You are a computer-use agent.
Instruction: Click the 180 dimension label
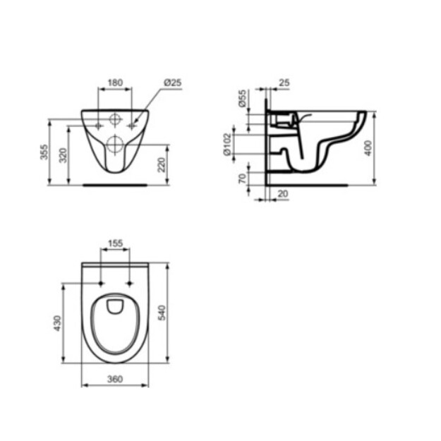pyautogui.click(x=115, y=83)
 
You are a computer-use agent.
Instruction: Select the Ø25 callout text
pyautogui.click(x=173, y=83)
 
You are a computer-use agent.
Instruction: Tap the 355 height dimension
pyautogui.click(x=44, y=152)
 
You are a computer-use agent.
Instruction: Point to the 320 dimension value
pyautogui.click(x=64, y=155)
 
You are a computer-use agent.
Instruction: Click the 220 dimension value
pyautogui.click(x=161, y=165)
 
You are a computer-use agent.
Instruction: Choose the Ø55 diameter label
pyautogui.click(x=242, y=99)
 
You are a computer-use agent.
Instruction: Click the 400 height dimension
pyautogui.click(x=368, y=148)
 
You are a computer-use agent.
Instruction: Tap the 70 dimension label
pyautogui.click(x=242, y=179)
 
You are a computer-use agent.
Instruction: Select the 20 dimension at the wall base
pyautogui.click(x=283, y=194)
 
